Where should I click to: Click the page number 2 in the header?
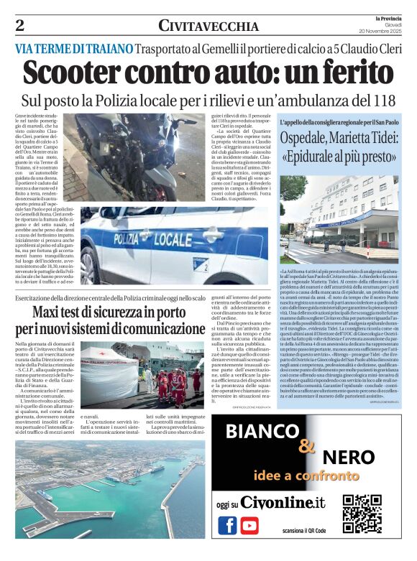19,25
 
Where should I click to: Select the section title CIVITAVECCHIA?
208,27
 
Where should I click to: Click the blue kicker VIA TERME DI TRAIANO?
73,48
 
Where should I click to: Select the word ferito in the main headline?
349,73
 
